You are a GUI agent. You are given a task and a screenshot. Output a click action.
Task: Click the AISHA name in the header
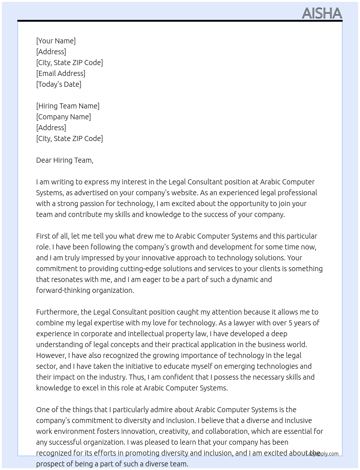(x=322, y=13)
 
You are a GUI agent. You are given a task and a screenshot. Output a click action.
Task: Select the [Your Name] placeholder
(x=56, y=41)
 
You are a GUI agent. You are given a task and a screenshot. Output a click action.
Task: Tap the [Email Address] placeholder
(x=61, y=73)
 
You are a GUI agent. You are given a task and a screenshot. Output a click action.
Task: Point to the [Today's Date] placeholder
(x=59, y=84)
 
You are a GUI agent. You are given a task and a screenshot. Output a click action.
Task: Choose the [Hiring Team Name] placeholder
(x=68, y=106)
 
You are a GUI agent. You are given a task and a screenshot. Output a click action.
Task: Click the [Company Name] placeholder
(x=63, y=117)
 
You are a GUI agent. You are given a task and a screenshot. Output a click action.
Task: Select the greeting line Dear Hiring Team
(x=65, y=160)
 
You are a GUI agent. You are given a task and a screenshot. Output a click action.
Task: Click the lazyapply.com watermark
(x=322, y=454)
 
